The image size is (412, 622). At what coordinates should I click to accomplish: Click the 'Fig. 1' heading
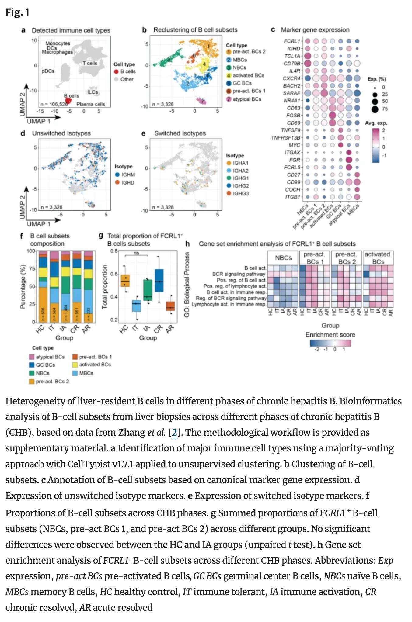pos(17,12)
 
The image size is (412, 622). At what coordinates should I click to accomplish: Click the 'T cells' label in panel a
pos(90,63)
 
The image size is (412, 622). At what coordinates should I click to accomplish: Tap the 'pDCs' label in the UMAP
pos(48,71)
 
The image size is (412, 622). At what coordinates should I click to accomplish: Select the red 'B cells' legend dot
pos(116,71)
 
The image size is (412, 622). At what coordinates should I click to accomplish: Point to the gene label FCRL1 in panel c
pos(292,41)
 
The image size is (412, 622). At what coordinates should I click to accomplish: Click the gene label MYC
pos(295,145)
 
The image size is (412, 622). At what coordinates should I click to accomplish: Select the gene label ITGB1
pos(293,197)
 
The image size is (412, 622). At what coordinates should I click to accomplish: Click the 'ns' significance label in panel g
pos(136,253)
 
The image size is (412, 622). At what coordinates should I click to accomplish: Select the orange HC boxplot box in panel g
pos(125,281)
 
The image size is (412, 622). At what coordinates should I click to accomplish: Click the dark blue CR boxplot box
pos(159,280)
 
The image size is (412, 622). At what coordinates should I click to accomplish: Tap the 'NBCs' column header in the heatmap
pos(283,258)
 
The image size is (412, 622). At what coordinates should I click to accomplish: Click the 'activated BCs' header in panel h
pos(378,258)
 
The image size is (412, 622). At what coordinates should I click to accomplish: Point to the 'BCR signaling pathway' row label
pos(239,274)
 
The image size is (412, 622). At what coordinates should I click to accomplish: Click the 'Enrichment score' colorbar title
pos(330,335)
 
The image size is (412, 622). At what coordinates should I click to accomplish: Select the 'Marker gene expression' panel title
pos(315,30)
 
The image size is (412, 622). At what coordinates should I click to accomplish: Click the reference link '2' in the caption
pos(174,432)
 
